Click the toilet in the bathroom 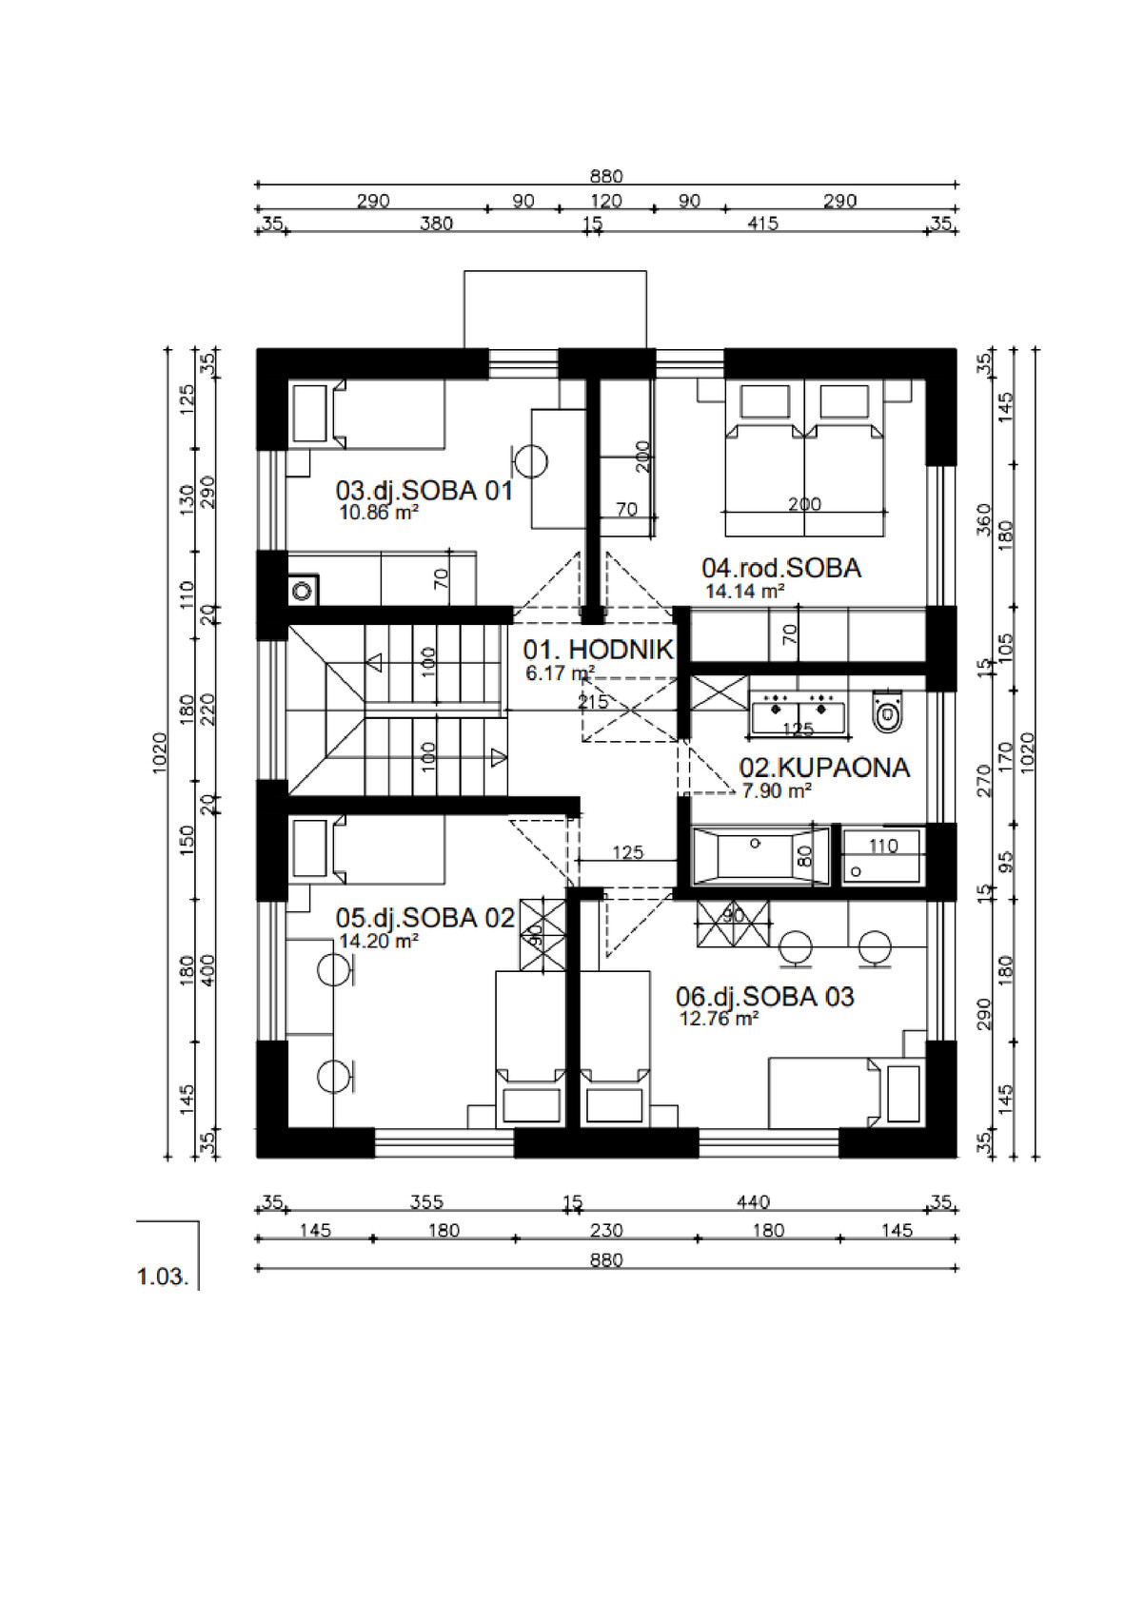click(888, 711)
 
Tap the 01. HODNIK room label click(598, 650)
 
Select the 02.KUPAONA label click(824, 768)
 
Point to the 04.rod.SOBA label click(781, 568)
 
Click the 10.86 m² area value click(379, 513)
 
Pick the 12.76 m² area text click(719, 1019)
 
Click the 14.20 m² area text click(379, 941)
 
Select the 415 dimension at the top click(762, 224)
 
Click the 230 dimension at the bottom click(606, 1230)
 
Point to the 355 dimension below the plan click(426, 1202)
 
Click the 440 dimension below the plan click(753, 1202)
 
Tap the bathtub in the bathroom click(760, 856)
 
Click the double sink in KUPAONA click(799, 714)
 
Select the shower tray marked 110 click(883, 856)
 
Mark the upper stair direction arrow click(374, 662)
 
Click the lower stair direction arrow click(498, 757)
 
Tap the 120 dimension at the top click(606, 201)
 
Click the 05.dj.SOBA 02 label click(424, 918)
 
